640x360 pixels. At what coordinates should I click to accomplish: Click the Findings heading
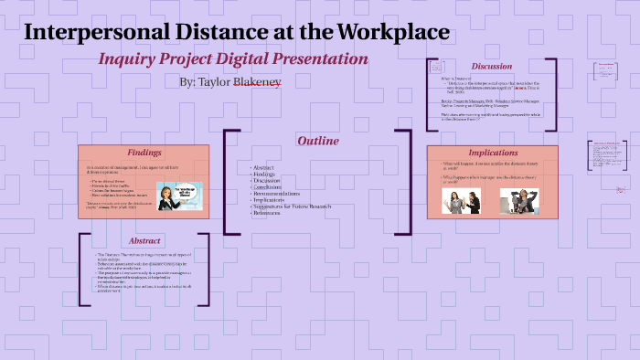[144, 153]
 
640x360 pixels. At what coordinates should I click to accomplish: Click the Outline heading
[317, 141]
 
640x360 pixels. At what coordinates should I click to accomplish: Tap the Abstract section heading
[144, 239]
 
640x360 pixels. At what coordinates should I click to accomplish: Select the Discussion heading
[491, 66]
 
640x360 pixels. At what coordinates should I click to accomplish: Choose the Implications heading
[493, 153]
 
